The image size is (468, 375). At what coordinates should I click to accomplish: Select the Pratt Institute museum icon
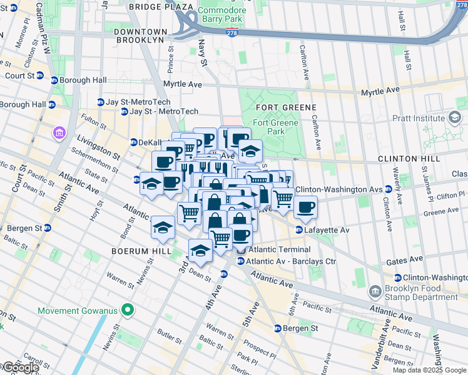(x=454, y=117)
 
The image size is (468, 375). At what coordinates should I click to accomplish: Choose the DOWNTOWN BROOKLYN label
(x=141, y=36)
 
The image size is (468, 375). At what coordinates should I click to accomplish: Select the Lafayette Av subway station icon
(x=299, y=230)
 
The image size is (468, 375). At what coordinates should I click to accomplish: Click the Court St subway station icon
(x=40, y=76)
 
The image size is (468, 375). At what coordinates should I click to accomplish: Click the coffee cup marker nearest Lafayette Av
(x=305, y=207)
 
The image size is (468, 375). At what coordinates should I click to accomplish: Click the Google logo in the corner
(x=20, y=367)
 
